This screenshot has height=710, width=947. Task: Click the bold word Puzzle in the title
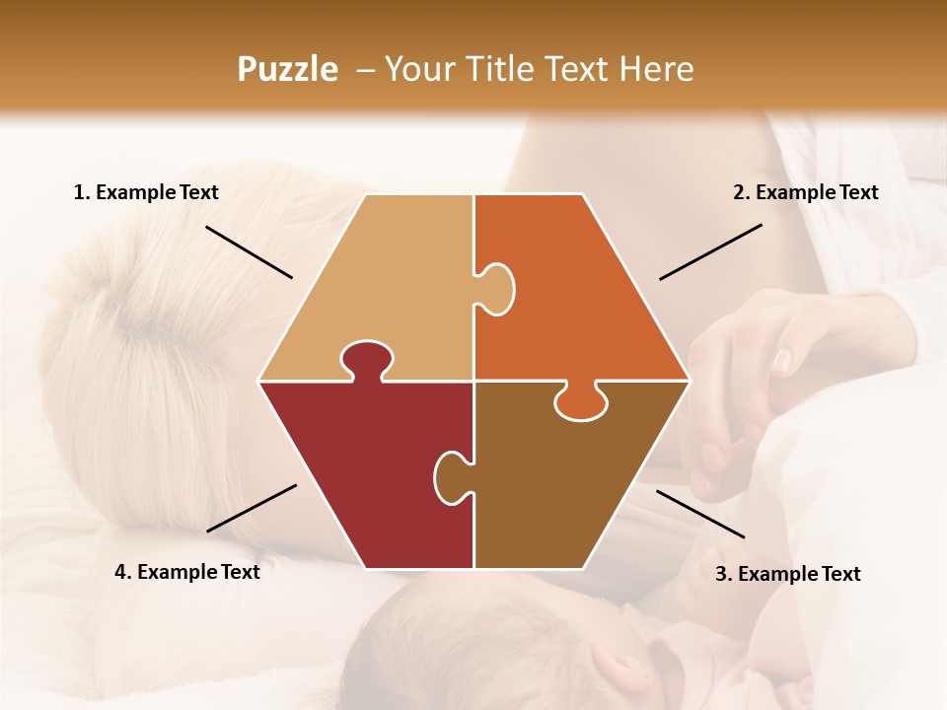[x=287, y=69]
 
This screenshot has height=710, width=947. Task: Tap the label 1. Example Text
[x=146, y=193]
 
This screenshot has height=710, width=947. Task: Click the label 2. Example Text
[x=805, y=193]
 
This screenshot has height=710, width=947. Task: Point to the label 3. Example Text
[x=787, y=574]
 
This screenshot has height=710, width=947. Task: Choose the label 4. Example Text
[x=187, y=572]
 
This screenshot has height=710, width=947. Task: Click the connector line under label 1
[x=249, y=251]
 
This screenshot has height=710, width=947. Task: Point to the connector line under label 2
[x=710, y=251]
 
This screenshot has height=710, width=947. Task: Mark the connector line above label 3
[x=700, y=514]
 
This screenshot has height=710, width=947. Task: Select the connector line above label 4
[x=252, y=508]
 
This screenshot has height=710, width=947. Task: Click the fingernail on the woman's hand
[x=781, y=360]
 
